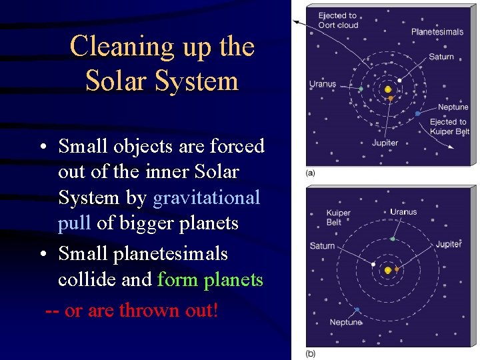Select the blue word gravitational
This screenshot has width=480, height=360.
coord(207,198)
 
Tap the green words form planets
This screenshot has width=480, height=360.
coord(210,279)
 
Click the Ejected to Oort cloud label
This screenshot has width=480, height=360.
coord(338,20)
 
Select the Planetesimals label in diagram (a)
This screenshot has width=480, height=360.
coord(437,31)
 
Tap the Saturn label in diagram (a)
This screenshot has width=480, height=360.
coord(441,57)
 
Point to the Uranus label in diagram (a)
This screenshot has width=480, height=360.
coord(323,85)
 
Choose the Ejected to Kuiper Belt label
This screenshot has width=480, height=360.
coord(449,127)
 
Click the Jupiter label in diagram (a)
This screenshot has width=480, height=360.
coord(385,143)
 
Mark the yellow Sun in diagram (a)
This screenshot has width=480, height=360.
coord(388,89)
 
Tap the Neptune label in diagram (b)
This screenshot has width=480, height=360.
coord(345,323)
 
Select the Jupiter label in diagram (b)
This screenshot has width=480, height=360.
coord(448,244)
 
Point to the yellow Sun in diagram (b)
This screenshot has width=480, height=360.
coord(387,270)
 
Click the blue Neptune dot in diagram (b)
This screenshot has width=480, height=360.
coord(357,310)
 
